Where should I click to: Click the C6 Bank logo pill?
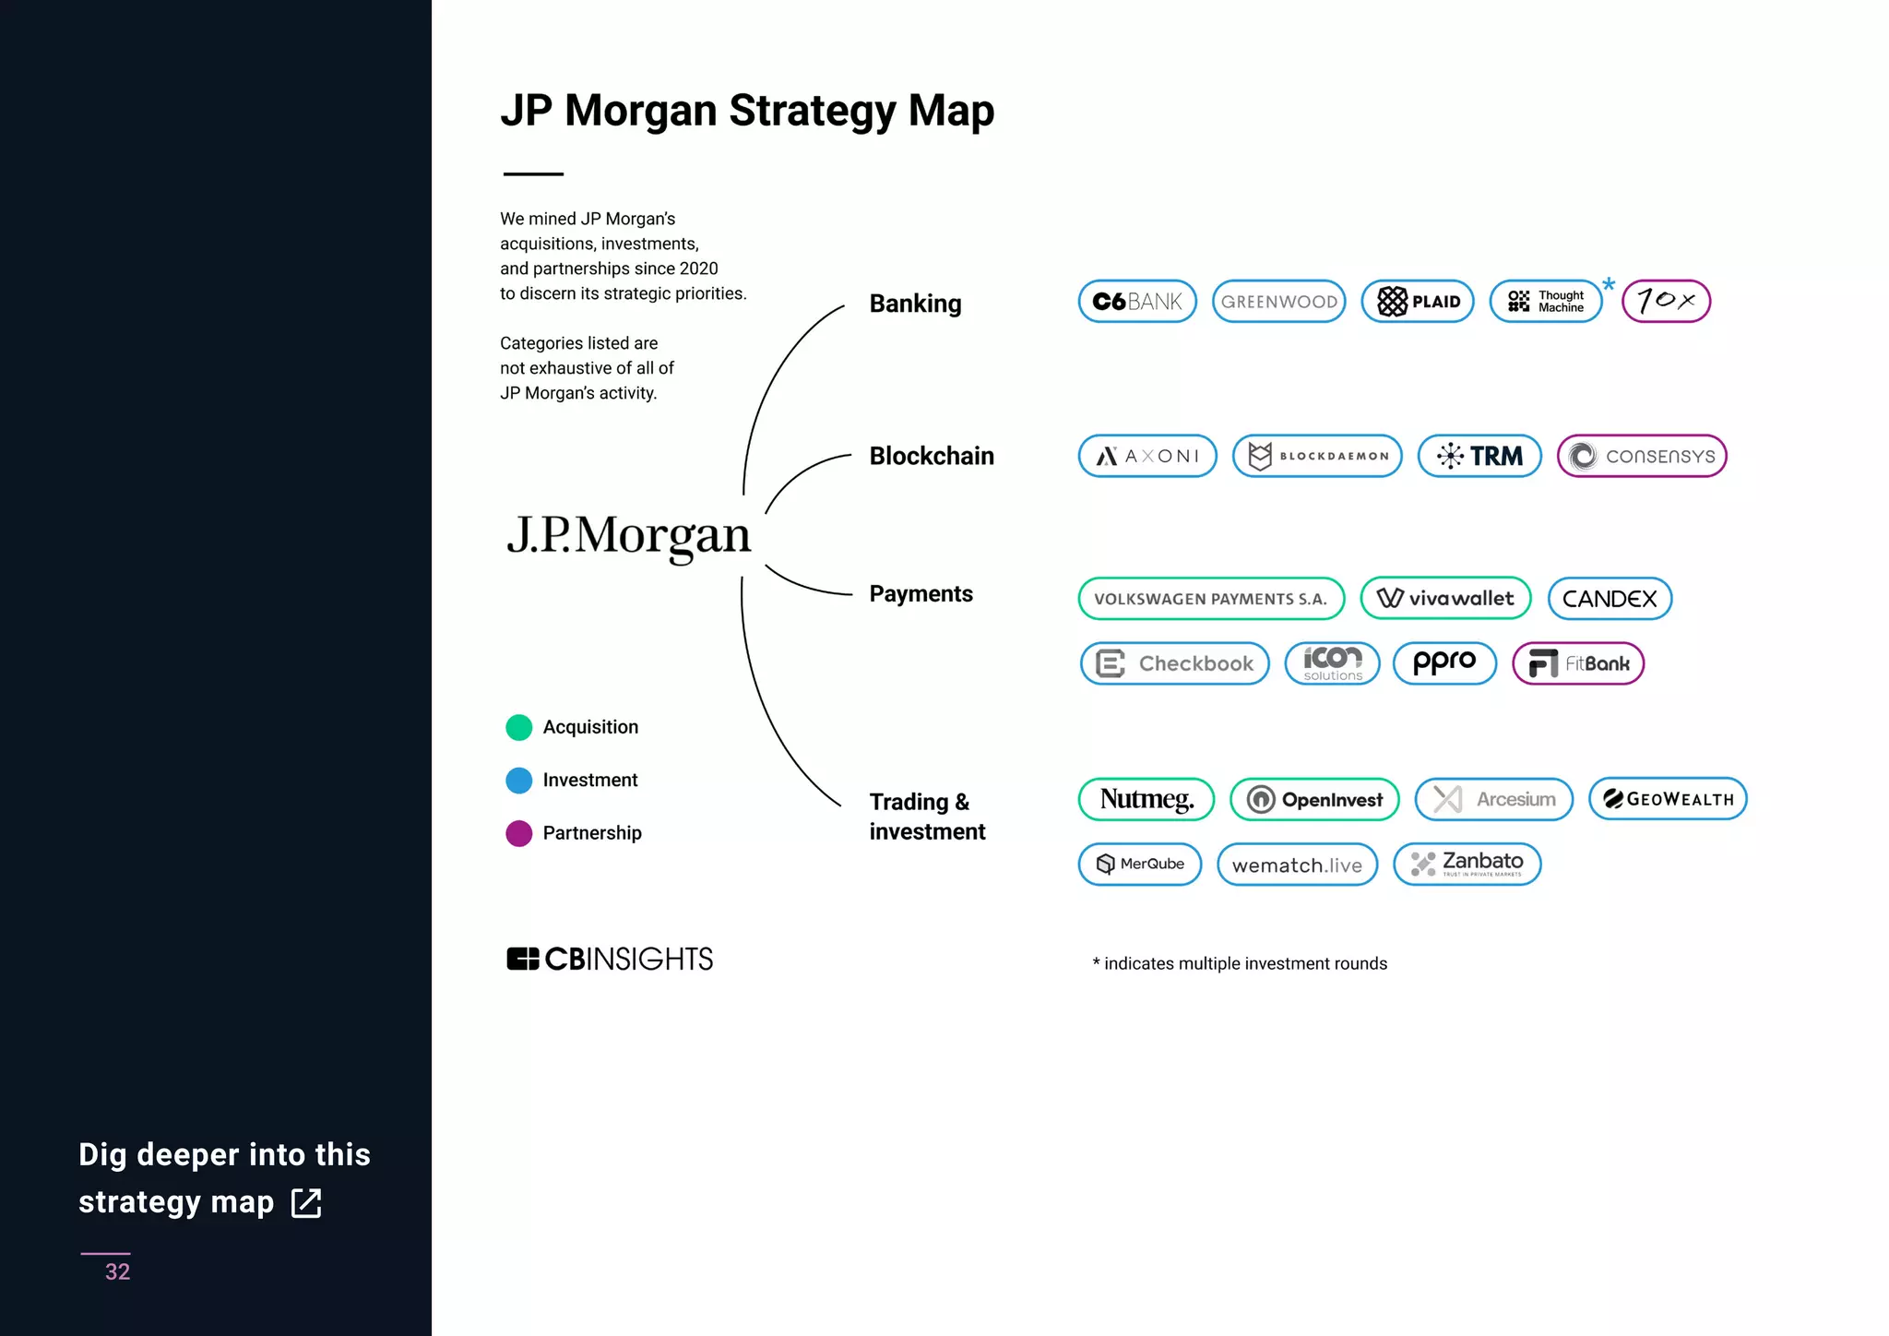[1137, 301]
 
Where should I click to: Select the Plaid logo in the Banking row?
[1418, 301]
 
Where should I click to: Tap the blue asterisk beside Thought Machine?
[1609, 284]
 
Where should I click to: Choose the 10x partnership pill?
[1666, 301]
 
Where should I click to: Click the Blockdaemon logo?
[1317, 456]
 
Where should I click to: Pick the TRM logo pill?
[1479, 456]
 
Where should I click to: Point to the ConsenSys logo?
[1642, 456]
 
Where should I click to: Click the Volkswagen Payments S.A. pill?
[1211, 599]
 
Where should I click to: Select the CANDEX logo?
[1610, 599]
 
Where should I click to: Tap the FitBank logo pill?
[1578, 663]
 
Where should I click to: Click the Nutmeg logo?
[1146, 799]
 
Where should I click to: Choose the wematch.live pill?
[1297, 865]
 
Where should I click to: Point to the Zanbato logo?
[1467, 865]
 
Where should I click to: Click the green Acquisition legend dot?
[519, 728]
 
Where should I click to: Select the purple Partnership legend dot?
[519, 833]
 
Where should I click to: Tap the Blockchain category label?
[932, 456]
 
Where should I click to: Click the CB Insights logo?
[610, 960]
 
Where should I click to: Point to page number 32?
[117, 1271]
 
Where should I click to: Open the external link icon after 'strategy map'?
[306, 1203]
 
